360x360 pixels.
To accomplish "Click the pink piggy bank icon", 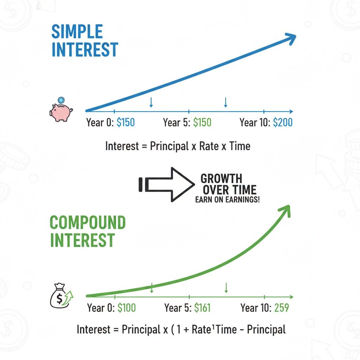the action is (61, 112).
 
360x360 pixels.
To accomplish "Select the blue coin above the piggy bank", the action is (61, 100).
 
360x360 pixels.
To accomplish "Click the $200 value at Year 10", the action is (283, 122).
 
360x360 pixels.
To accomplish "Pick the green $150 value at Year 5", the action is (202, 122).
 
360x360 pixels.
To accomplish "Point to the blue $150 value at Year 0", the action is (126, 122).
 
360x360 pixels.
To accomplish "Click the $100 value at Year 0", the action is (127, 308).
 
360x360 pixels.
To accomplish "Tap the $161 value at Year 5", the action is (202, 308).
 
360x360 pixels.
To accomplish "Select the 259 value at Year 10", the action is (282, 308).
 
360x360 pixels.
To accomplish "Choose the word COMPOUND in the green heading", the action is (88, 222).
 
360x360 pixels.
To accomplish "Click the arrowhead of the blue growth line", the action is (291, 38).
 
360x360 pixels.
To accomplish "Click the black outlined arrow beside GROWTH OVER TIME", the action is (167, 185).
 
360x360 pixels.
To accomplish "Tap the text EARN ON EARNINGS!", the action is (227, 200).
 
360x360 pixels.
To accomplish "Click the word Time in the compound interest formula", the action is (226, 329).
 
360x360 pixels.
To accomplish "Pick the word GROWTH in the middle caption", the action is (221, 178).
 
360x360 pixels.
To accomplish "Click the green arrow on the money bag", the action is (69, 297).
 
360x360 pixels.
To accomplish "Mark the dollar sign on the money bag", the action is (59, 299).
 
